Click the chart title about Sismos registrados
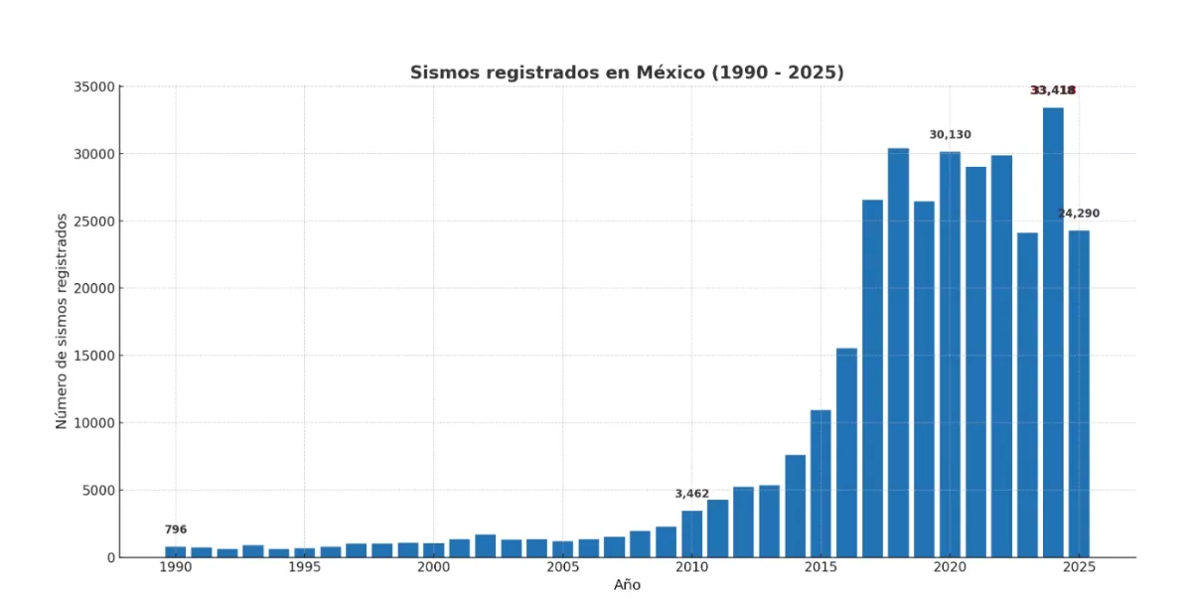627,73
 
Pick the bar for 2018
898,353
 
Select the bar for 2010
691,534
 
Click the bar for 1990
176,551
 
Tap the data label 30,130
950,134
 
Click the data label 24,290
1078,214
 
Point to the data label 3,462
691,494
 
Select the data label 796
176,529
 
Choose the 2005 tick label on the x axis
562,567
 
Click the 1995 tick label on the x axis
304,567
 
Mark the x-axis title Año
627,585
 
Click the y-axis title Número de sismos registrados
62,321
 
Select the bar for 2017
872,378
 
